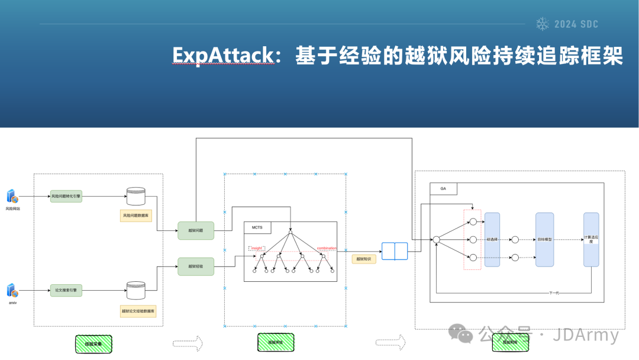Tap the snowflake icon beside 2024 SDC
coord(542,24)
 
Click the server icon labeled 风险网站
coord(12,196)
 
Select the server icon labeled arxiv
coord(12,290)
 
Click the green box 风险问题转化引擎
coord(66,196)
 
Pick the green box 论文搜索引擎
coord(66,290)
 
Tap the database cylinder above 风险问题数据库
coord(135,196)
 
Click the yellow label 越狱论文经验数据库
coord(138,311)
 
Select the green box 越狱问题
coord(196,230)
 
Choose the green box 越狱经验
coord(196,266)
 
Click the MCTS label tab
coord(257,227)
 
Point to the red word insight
coord(257,249)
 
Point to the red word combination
coord(327,249)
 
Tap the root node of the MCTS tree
coord(290,230)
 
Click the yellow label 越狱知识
coord(364,259)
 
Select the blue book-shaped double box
coord(395,251)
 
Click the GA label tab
coord(443,188)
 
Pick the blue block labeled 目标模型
coord(544,239)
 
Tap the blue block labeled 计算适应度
coord(590,239)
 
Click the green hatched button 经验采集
coord(93,343)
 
